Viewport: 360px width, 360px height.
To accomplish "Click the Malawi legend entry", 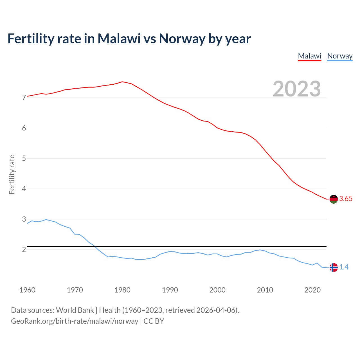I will coord(309,56).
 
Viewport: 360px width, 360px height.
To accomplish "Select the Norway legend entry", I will coord(340,56).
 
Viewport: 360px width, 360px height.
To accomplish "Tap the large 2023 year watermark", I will coord(297,89).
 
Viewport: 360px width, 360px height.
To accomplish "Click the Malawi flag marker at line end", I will coord(334,199).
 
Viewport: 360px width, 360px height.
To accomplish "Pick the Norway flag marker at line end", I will coord(334,267).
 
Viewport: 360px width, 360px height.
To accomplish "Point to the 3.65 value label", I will coord(346,199).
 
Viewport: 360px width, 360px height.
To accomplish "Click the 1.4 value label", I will coord(344,267).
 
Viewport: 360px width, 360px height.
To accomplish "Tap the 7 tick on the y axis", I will coord(24,98).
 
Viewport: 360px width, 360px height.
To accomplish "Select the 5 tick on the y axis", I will coord(24,158).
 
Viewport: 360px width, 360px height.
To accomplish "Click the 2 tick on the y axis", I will coord(24,249).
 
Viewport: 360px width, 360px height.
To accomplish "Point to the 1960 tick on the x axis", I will coord(27,290).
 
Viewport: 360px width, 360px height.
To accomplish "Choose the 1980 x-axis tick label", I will coord(122,290).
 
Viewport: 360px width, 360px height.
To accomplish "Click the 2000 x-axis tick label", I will coord(217,290).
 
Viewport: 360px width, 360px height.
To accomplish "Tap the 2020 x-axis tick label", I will coord(312,290).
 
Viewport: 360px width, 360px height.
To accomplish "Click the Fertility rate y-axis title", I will coord(12,174).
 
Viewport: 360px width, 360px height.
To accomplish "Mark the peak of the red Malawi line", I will coord(122,82).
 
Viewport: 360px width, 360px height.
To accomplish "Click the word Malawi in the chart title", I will coord(119,39).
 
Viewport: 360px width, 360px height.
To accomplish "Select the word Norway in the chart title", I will coord(182,39).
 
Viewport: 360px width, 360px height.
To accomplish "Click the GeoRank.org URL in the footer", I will coord(75,321).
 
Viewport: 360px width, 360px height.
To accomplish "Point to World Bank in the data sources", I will coord(75,310).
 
